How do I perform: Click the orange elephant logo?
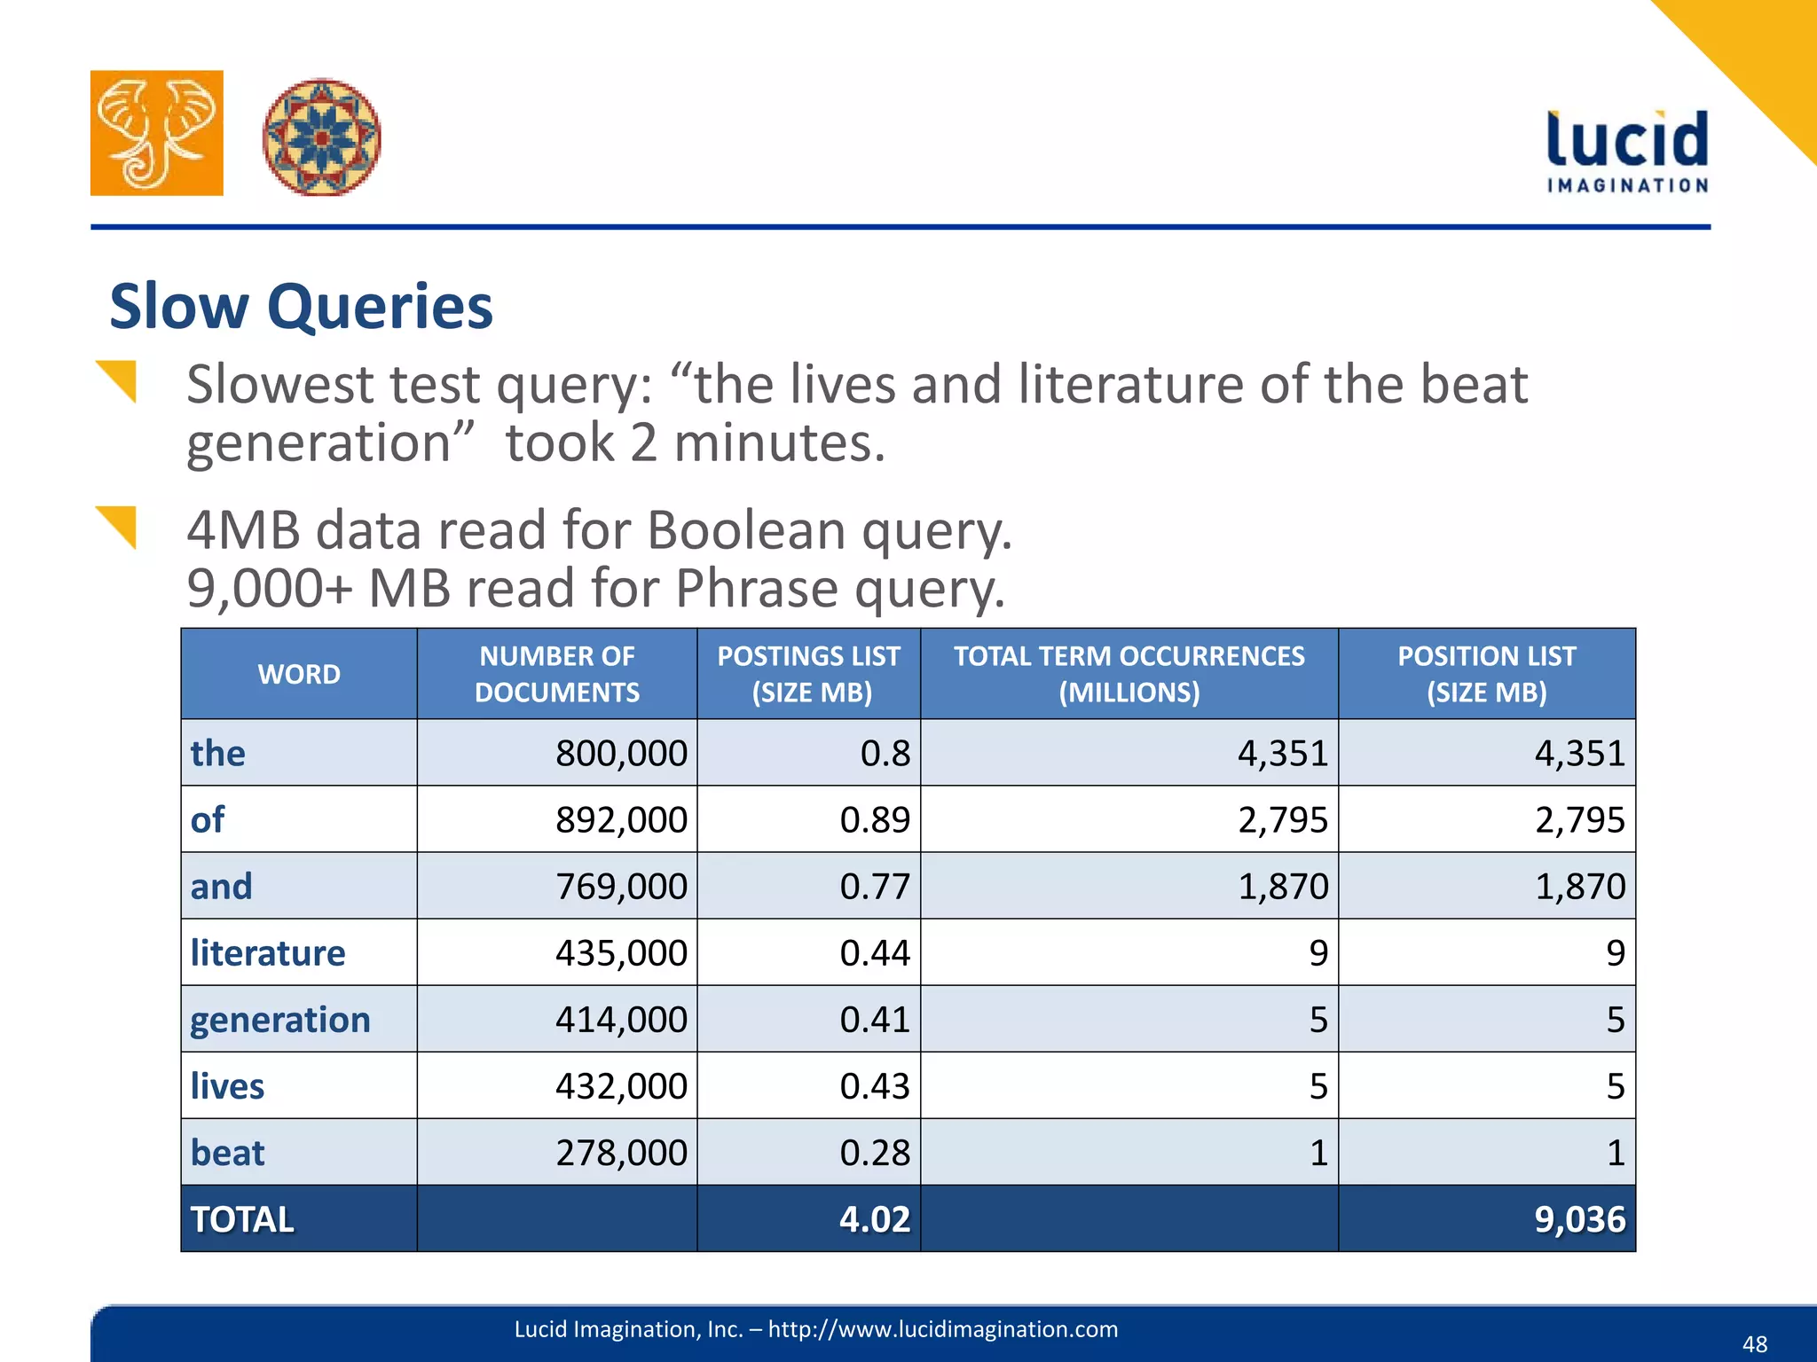157,133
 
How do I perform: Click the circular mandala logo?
322,137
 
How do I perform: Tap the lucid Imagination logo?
1627,152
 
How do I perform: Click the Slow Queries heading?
301,307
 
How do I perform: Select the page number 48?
1754,1343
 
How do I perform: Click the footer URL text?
815,1328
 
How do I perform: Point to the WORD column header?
299,674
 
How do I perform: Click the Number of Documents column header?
557,674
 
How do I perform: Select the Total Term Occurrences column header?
1129,674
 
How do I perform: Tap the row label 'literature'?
268,953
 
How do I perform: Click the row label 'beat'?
227,1153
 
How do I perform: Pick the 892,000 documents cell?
621,820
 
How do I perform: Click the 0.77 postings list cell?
875,887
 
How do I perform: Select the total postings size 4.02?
875,1219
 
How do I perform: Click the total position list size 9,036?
1579,1219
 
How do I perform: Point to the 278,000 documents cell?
621,1153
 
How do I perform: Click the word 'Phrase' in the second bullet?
756,589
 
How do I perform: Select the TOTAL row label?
242,1219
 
